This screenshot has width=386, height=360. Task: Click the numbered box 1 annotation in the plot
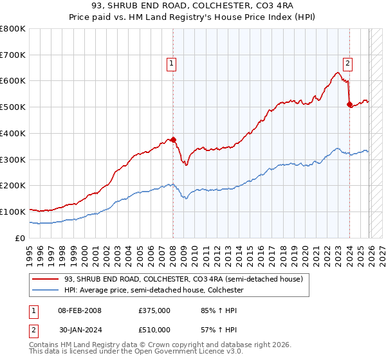pos(172,63)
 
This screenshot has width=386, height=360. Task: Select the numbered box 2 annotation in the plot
pos(347,63)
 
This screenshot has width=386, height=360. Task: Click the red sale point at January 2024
pos(349,104)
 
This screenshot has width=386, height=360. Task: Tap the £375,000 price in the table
pos(154,310)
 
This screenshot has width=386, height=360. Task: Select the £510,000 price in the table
pos(154,332)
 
